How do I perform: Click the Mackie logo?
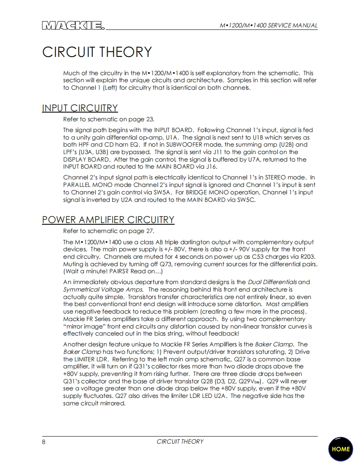pyautogui.click(x=73, y=26)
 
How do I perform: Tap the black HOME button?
pyautogui.click(x=340, y=449)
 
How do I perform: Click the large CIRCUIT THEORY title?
pyautogui.click(x=97, y=52)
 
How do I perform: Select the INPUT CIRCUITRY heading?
pyautogui.click(x=80, y=108)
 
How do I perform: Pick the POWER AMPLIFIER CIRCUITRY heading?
pyautogui.click(x=108, y=220)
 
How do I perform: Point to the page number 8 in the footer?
pyautogui.click(x=44, y=441)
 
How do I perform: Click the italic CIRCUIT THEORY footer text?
pyautogui.click(x=180, y=441)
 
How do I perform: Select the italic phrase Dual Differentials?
pyautogui.click(x=272, y=282)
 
